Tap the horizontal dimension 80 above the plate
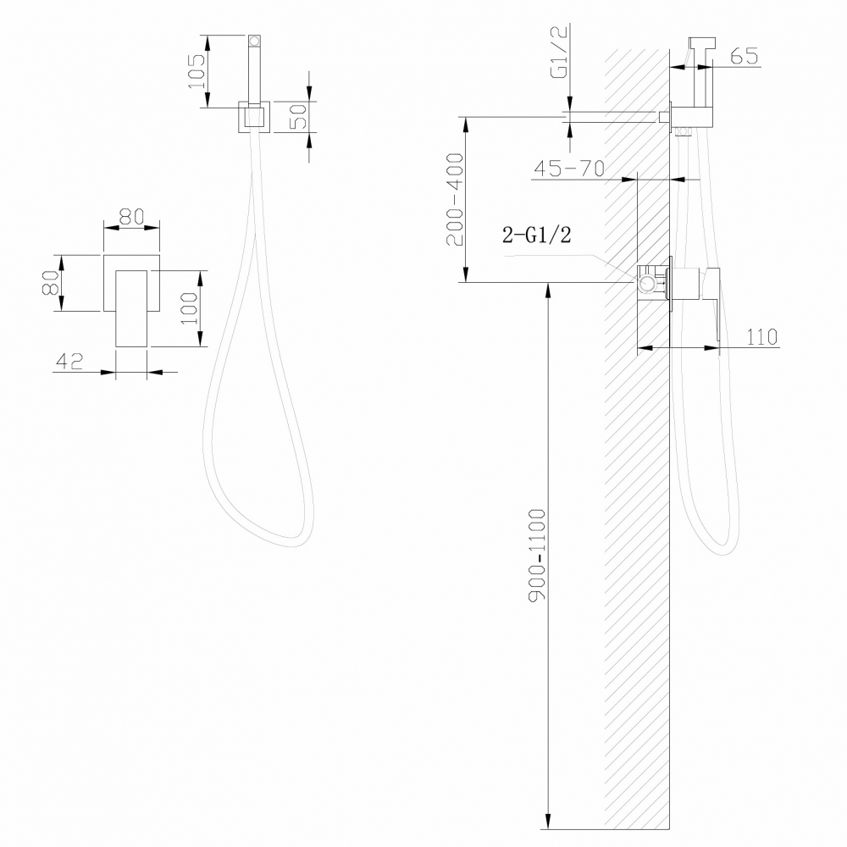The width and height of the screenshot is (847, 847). tap(131, 217)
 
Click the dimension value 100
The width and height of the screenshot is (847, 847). tap(189, 308)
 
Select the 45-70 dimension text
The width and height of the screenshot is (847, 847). tap(567, 168)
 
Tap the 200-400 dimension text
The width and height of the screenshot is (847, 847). tap(455, 199)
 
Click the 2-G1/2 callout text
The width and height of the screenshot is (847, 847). tap(536, 236)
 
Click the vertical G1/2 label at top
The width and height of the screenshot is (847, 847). tap(559, 53)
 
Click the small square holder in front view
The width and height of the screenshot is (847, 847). tap(253, 116)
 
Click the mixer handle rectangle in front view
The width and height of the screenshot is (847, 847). tap(132, 308)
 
